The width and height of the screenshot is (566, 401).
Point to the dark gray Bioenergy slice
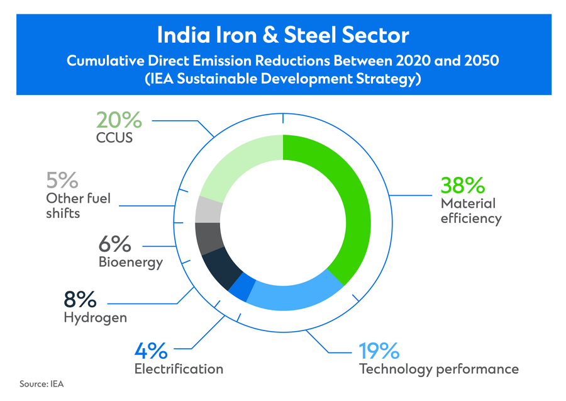[x=209, y=237]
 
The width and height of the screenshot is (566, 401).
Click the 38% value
[x=463, y=185]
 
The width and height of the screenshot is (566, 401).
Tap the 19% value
[x=379, y=350]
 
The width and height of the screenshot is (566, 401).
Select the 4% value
[x=151, y=350]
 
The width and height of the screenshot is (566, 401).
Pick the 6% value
[x=115, y=243]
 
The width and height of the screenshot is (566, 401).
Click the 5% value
[x=62, y=181]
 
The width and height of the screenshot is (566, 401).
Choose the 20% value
[x=119, y=119]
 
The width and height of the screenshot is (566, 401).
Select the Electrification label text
[x=179, y=369]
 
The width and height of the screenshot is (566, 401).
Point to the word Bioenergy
[x=131, y=261]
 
